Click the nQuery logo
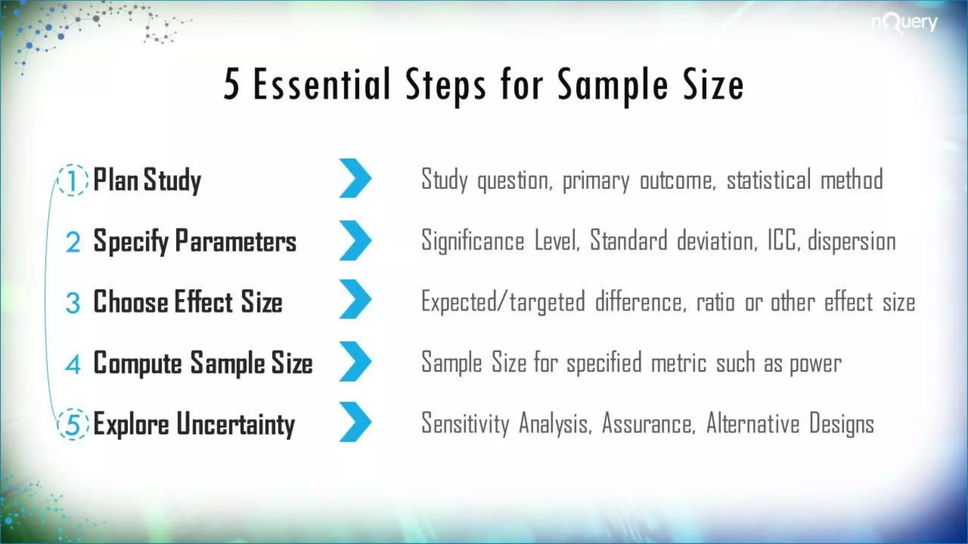[x=904, y=23]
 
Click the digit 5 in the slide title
[x=231, y=85]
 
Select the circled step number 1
[x=72, y=180]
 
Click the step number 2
[x=73, y=242]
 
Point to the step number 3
[x=73, y=303]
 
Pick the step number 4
[x=73, y=364]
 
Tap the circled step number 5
[x=73, y=424]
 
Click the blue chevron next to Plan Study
[x=355, y=178]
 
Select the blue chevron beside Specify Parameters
[x=355, y=240]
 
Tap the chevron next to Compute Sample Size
[x=355, y=361]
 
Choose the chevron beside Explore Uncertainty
[x=355, y=422]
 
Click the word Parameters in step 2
[x=235, y=241]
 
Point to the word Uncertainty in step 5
[x=235, y=424]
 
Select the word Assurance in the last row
[x=648, y=423]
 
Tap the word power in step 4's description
[x=815, y=364]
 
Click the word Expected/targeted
[x=503, y=302]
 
